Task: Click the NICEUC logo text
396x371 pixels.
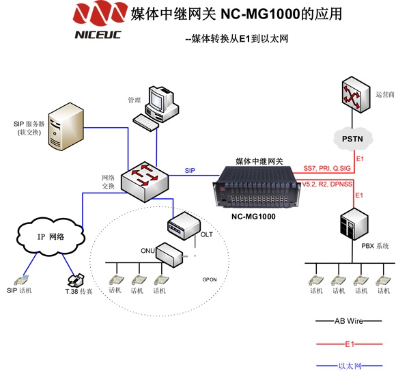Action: coord(98,35)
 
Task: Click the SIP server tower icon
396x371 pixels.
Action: coord(66,126)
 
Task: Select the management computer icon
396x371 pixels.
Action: coord(156,108)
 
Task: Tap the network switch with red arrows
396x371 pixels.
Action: coord(144,182)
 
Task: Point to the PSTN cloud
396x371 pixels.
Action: coord(352,139)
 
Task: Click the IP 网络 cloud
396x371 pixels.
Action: coord(51,236)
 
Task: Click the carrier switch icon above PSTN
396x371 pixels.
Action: coord(356,94)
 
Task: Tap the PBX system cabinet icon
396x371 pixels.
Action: coord(354,224)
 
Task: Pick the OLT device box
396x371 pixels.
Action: coord(184,225)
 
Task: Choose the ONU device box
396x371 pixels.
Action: coord(169,255)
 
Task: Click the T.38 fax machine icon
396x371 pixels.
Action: coord(76,280)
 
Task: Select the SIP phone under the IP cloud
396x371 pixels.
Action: coord(21,281)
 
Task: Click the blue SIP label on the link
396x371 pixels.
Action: coord(190,171)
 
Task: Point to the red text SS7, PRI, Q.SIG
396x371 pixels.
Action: coord(327,168)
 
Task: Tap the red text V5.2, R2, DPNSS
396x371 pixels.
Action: coord(327,184)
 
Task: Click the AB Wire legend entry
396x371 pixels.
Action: coord(349,321)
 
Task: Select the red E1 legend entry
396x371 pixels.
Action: coord(350,344)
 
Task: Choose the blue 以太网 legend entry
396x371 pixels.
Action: coord(350,366)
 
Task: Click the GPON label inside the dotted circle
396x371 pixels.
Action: coord(210,279)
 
